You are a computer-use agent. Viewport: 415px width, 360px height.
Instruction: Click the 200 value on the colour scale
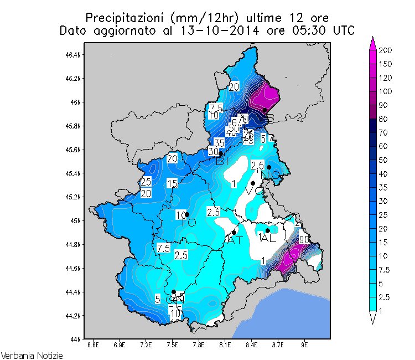tap(386, 50)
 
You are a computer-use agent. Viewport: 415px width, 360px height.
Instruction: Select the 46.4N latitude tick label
tap(74, 55)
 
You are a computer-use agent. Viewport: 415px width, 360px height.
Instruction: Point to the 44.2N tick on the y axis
tap(74, 316)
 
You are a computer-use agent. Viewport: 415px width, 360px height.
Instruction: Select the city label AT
tap(234, 240)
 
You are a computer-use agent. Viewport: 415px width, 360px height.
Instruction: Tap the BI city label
tap(223, 161)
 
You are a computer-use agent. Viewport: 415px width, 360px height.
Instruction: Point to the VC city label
tap(254, 191)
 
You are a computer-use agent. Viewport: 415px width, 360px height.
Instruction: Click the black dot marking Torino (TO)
tap(187, 214)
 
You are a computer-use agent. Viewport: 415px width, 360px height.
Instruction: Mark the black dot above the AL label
tap(268, 230)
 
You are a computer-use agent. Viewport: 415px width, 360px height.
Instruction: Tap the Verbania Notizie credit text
tap(32, 354)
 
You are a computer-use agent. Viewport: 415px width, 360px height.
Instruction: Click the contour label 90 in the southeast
tap(303, 240)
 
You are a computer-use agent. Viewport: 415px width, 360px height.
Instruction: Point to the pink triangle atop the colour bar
tap(373, 40)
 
